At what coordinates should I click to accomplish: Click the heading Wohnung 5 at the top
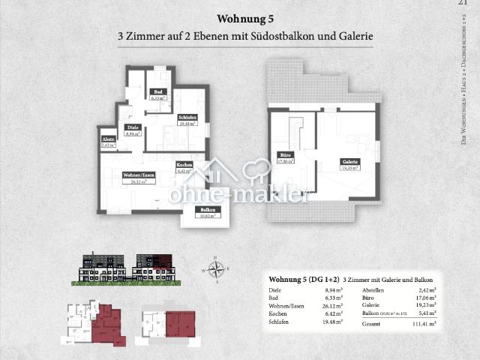240,18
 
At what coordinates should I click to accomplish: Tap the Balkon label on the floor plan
208,212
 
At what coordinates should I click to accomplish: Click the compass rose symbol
216,267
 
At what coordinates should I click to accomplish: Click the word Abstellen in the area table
376,290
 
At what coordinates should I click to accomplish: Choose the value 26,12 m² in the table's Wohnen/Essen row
330,305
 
